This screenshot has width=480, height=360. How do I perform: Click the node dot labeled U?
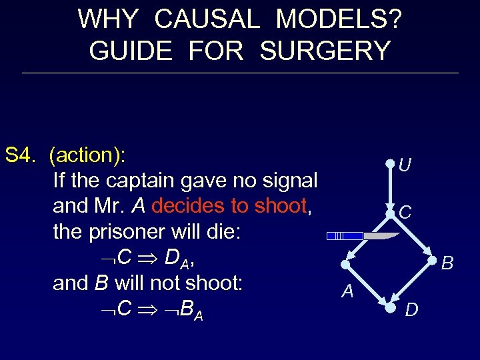391,163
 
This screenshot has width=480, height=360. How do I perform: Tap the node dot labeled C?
391,213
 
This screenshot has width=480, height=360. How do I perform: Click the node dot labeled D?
390,309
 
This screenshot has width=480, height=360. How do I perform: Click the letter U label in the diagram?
405,165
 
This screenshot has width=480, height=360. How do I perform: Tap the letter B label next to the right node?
447,264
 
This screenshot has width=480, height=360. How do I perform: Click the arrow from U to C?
391,188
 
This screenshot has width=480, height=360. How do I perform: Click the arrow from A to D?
367,287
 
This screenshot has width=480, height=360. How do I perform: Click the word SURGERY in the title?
325,51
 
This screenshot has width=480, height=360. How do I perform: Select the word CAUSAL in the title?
207,19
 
